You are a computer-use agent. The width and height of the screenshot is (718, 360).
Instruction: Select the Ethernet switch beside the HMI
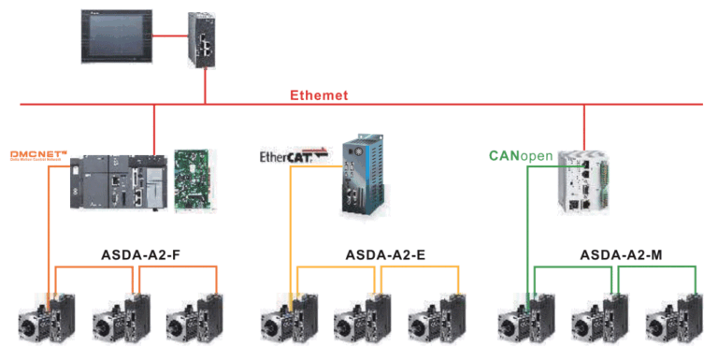point(204,39)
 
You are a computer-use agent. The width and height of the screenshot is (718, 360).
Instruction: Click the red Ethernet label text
point(319,94)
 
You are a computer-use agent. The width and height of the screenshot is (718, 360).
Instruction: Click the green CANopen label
point(520,155)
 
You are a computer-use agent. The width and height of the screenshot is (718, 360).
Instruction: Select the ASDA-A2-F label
point(140,254)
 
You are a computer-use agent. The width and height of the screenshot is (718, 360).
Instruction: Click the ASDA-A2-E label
point(382,254)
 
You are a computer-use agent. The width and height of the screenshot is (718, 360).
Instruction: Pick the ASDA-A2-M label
point(619,254)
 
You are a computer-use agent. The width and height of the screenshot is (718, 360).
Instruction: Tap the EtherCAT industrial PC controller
point(360,173)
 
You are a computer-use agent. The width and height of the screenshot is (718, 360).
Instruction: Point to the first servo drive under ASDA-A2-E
point(290,315)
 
